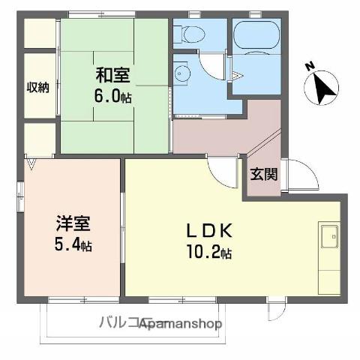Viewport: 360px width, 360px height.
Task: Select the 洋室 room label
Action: pyautogui.click(x=73, y=223)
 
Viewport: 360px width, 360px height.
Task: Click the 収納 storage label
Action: pyautogui.click(x=38, y=87)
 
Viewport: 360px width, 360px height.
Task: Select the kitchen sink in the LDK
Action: pyautogui.click(x=328, y=238)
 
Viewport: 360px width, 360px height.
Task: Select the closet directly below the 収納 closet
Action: pyautogui.click(x=38, y=139)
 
